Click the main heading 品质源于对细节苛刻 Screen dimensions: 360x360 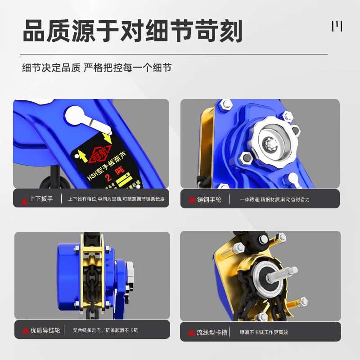(x=133, y=31)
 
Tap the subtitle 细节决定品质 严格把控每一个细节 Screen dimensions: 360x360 (x=97, y=68)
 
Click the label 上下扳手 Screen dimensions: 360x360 (x=41, y=199)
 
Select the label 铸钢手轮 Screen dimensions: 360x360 (x=209, y=199)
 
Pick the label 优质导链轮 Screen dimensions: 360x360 (x=45, y=330)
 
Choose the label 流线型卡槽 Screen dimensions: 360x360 (x=211, y=333)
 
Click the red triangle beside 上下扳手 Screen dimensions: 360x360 (x=24, y=200)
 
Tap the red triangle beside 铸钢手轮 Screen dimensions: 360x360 (x=191, y=200)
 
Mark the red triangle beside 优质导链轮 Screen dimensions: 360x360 (x=26, y=331)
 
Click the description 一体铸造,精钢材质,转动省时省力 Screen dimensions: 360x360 (x=274, y=199)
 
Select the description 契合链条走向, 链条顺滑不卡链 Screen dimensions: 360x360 (x=105, y=330)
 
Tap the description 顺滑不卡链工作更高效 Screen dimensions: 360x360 (x=264, y=333)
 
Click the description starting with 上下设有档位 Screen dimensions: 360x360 (x=116, y=199)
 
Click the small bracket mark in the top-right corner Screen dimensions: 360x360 (x=337, y=27)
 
